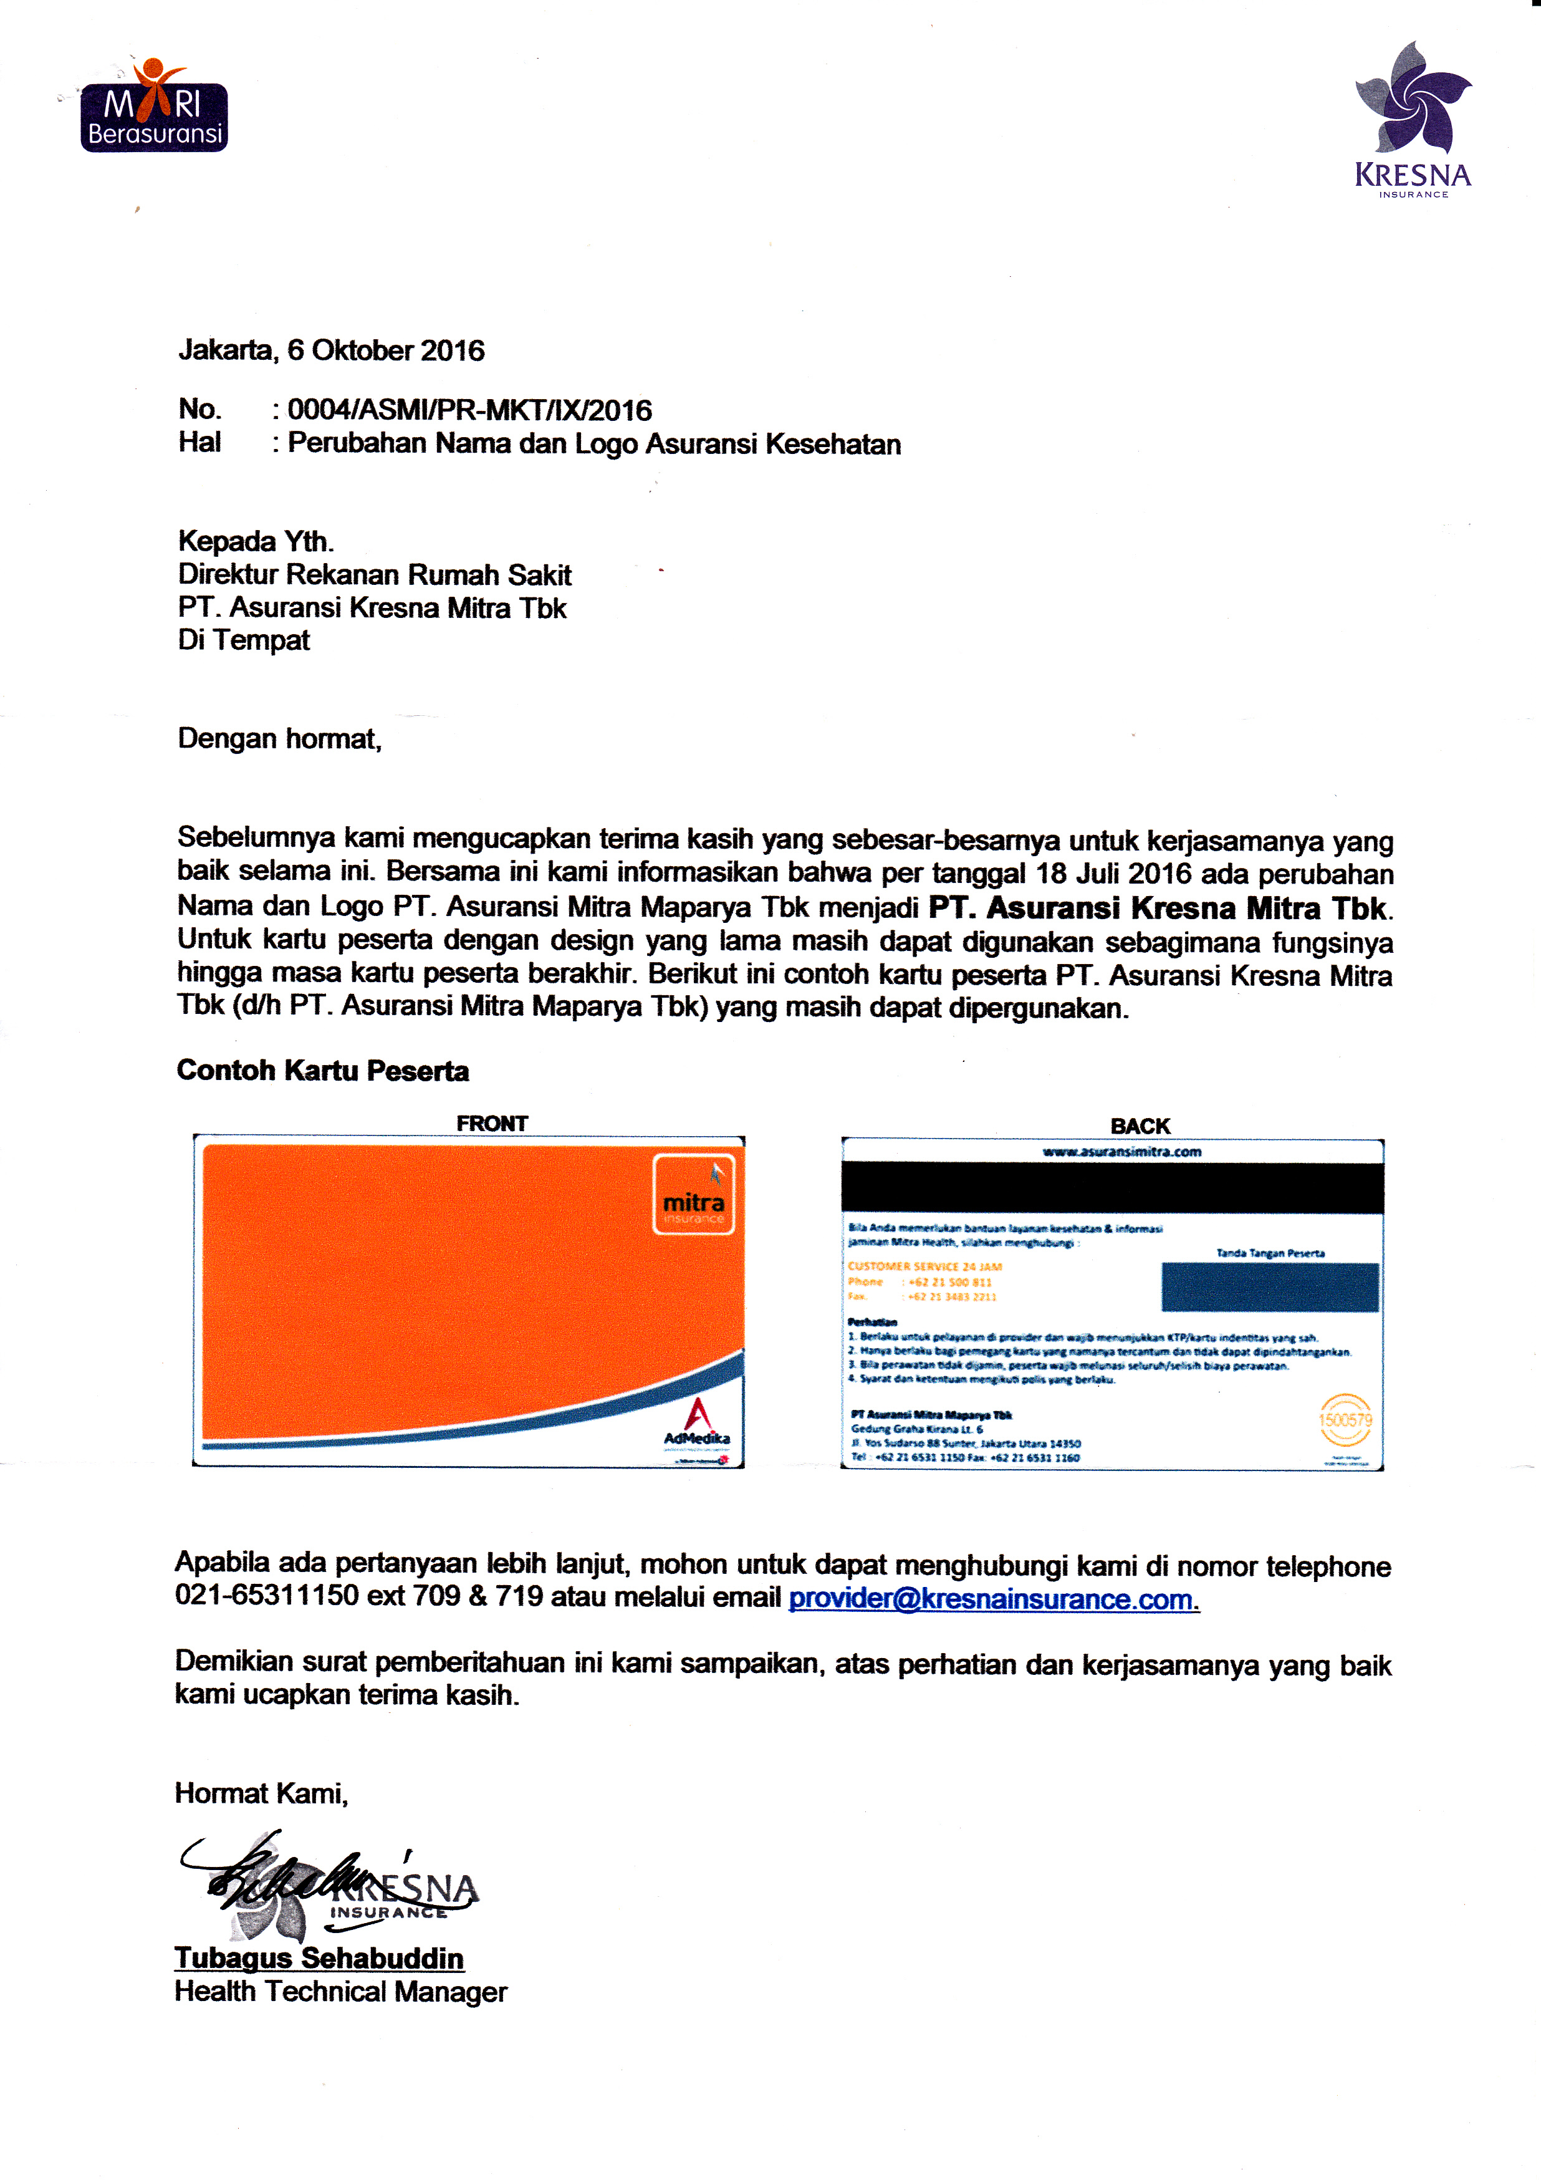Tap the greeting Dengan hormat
(x=279, y=739)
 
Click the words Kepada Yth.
(x=256, y=541)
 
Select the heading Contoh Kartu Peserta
(x=323, y=1071)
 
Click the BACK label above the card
(x=1140, y=1126)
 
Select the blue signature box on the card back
(x=1269, y=1288)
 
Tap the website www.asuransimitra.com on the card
(x=1121, y=1152)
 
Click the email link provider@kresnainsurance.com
(x=992, y=1600)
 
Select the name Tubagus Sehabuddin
(x=319, y=1958)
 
